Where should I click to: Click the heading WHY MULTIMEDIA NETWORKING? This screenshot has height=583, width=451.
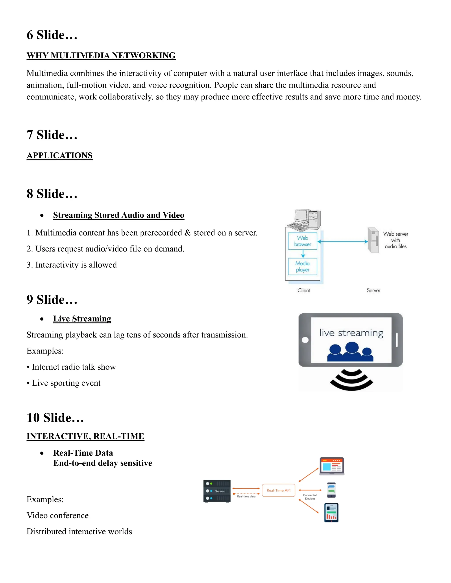101,55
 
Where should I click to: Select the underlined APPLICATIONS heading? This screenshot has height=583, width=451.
60,155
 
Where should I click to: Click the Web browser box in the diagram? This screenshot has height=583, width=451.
302,241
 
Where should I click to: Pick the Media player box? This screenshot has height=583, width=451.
302,266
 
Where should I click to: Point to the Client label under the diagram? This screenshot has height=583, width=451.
303,290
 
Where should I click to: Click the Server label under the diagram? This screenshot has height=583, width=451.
373,290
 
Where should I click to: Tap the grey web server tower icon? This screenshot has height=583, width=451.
373,240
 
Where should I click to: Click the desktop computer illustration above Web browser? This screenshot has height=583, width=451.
305,220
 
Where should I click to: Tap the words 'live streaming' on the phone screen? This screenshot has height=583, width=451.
351,333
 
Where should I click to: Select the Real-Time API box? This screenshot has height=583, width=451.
278,490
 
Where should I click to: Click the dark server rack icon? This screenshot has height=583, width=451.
217,491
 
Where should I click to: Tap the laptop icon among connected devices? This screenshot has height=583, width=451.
332,466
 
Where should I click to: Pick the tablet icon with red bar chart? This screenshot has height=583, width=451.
331,513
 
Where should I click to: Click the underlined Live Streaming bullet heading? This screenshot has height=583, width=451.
82,319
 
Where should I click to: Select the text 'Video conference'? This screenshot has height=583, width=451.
57,515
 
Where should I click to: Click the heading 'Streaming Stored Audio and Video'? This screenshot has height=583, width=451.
119,215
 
